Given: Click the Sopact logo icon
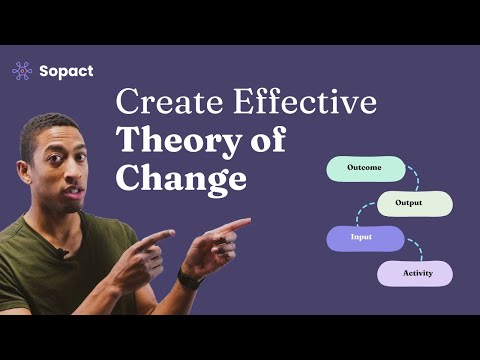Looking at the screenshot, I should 21,70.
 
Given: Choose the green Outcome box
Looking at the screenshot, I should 366,168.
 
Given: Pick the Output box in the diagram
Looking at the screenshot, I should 408,203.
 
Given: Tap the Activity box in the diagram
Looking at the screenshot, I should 414,272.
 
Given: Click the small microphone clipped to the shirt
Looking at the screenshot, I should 62,252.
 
